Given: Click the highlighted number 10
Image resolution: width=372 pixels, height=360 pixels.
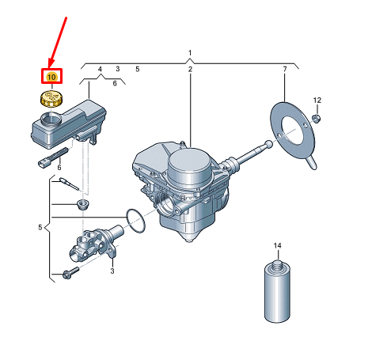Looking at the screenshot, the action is [51, 77].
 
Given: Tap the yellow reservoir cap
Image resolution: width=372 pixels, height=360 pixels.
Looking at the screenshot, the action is [52, 99].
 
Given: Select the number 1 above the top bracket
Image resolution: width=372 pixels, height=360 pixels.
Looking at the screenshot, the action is [190, 53].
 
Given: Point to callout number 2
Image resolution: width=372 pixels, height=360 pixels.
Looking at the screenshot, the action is [190, 69].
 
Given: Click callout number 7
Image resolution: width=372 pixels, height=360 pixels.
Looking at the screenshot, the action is [285, 69].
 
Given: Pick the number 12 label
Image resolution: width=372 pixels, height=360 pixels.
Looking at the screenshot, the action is [317, 100].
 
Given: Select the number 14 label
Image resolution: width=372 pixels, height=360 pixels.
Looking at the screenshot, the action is [277, 245].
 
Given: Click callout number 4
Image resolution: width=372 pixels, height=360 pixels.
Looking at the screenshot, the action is [100, 69].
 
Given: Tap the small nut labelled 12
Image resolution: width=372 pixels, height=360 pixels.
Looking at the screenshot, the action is [316, 119].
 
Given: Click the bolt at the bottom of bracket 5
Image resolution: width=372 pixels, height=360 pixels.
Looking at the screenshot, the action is [70, 273].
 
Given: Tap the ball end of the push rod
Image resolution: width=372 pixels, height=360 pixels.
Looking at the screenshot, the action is [268, 144].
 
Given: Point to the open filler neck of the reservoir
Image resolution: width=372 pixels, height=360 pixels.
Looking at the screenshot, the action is [51, 119].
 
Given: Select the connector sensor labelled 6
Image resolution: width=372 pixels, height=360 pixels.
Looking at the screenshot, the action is [53, 157].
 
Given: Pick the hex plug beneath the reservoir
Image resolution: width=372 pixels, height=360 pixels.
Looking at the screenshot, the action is [83, 204].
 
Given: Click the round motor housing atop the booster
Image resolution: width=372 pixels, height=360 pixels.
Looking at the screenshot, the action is [189, 167].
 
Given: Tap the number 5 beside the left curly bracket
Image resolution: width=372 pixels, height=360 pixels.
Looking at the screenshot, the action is [40, 227].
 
